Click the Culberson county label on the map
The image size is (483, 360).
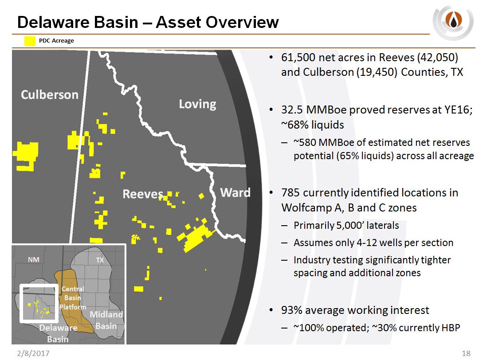point(50,94)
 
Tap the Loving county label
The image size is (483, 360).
point(197,104)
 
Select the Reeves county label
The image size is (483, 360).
point(143,194)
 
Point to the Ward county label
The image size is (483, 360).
point(236,192)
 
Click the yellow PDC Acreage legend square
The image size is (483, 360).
point(30,41)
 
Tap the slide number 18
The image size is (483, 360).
point(466,353)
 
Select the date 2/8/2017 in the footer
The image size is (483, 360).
point(33,353)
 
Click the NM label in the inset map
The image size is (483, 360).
point(34,260)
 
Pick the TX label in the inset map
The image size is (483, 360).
point(100,260)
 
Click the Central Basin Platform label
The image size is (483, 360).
point(73,298)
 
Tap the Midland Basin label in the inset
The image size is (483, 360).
point(106,320)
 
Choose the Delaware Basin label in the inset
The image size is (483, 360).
point(58,333)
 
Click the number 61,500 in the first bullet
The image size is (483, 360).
point(298,58)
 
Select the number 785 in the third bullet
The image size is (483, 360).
point(291,193)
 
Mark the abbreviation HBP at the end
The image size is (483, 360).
point(451,328)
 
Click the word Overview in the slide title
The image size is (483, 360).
point(242,22)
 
